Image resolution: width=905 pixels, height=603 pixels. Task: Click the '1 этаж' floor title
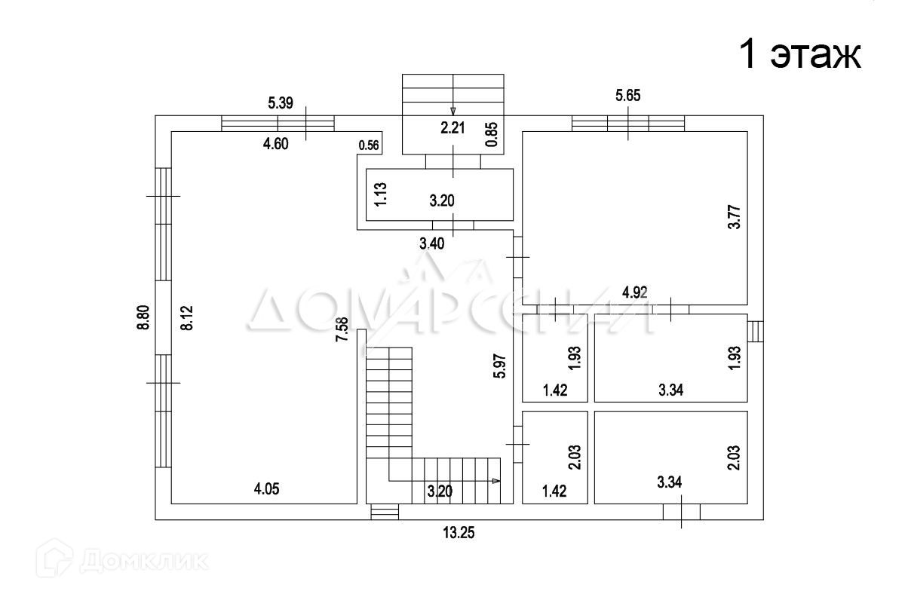800,55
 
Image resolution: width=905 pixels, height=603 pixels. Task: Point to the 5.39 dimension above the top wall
281,104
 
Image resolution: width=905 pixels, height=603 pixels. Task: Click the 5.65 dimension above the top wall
628,95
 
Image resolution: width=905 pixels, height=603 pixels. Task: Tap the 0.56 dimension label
370,145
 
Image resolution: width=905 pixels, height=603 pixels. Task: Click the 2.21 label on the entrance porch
452,128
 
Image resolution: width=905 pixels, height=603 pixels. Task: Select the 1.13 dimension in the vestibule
382,195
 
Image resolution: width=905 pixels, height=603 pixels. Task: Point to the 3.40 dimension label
431,243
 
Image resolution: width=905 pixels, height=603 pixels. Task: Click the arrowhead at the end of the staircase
495,480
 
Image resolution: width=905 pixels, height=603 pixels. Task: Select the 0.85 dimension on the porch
492,134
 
